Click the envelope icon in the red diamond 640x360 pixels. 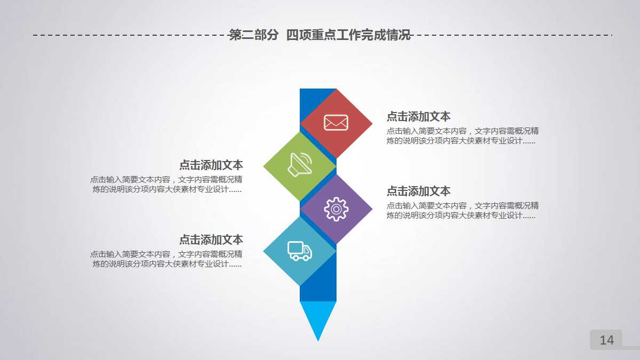pyautogui.click(x=336, y=123)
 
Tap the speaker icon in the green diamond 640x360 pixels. pyautogui.click(x=300, y=164)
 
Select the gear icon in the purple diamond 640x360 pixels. pyautogui.click(x=336, y=209)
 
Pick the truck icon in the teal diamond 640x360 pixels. pyautogui.click(x=300, y=251)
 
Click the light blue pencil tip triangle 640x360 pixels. pyautogui.click(x=318, y=317)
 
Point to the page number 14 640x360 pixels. pyautogui.click(x=606, y=340)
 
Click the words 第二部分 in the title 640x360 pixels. pyautogui.click(x=254, y=36)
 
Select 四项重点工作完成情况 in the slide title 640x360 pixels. pyautogui.click(x=348, y=36)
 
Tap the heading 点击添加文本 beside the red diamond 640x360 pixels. pyautogui.click(x=419, y=117)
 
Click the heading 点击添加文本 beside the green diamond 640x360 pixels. pyautogui.click(x=211, y=165)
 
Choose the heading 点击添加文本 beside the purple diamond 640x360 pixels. pyautogui.click(x=419, y=191)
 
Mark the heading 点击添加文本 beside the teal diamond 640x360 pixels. pyautogui.click(x=211, y=240)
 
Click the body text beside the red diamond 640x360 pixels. pyautogui.click(x=462, y=136)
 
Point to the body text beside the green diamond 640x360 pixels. pyautogui.click(x=166, y=185)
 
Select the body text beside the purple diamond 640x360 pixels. pyautogui.click(x=462, y=211)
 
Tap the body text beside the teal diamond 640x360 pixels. pyautogui.click(x=166, y=259)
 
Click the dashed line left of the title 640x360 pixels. pyautogui.click(x=128, y=36)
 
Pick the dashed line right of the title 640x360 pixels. pyautogui.click(x=512, y=36)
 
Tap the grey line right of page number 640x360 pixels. pyautogui.click(x=631, y=347)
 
